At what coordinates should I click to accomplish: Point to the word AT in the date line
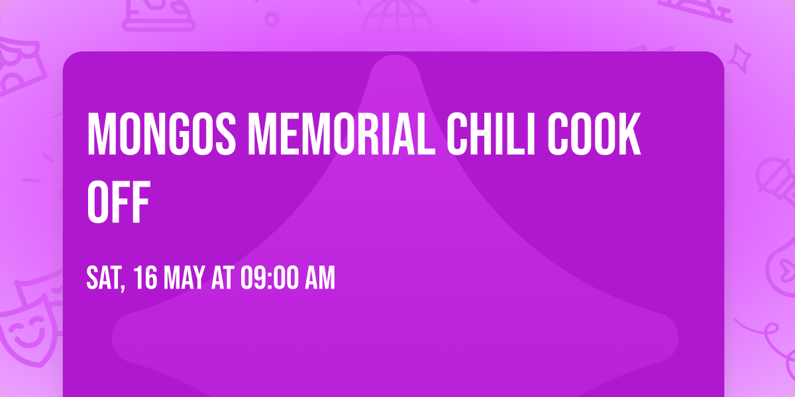[222, 279]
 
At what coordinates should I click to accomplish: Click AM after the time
[321, 279]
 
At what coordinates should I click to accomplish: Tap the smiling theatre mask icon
[26, 331]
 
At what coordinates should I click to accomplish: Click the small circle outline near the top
[272, 19]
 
